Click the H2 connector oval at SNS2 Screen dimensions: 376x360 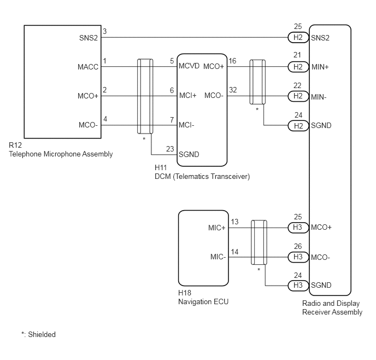pyautogui.click(x=298, y=37)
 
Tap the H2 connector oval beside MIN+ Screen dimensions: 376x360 pyautogui.click(x=298, y=67)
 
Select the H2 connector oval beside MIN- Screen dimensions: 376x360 pyautogui.click(x=298, y=96)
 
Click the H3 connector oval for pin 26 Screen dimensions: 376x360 pyautogui.click(x=298, y=257)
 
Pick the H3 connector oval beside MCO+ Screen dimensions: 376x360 pyautogui.click(x=298, y=228)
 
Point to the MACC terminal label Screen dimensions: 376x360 pyautogui.click(x=88, y=67)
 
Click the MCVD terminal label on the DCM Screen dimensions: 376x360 pyautogui.click(x=189, y=66)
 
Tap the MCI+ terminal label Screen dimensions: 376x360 pyautogui.click(x=188, y=96)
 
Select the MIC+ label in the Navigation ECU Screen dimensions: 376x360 pyautogui.click(x=217, y=228)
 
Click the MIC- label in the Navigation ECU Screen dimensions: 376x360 pyautogui.click(x=218, y=257)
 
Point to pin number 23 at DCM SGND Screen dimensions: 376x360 pyautogui.click(x=170, y=149)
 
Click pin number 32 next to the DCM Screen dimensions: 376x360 pyautogui.click(x=233, y=90)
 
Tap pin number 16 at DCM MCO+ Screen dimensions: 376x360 pyautogui.click(x=232, y=61)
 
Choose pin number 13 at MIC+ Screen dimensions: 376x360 pyautogui.click(x=234, y=222)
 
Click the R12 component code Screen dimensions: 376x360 pyautogui.click(x=15, y=145)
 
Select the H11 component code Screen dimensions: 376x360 pyautogui.click(x=161, y=167)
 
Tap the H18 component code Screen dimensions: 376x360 pyautogui.click(x=185, y=293)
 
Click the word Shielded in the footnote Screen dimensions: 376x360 pyautogui.click(x=42, y=335)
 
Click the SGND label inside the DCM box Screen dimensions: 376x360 pyautogui.click(x=189, y=155)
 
